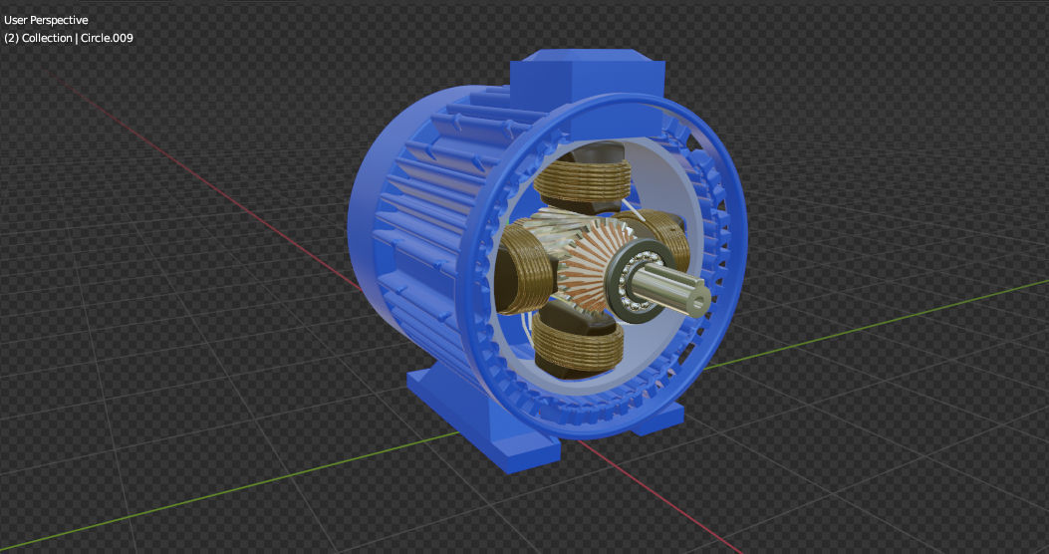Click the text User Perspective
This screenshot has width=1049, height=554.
coord(46,20)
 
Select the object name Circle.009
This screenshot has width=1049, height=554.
coord(107,38)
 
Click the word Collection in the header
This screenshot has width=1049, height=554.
coord(48,38)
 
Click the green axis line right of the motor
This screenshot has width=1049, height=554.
coord(897,318)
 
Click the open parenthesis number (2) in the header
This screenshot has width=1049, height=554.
coord(12,38)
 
